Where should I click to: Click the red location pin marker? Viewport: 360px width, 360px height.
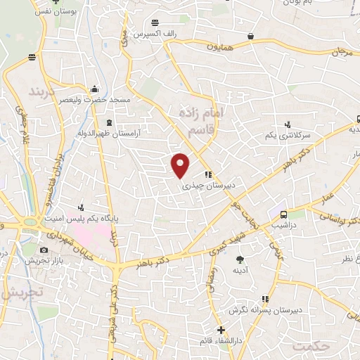coord(181,165)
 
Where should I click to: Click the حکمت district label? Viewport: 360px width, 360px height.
coord(311,347)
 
